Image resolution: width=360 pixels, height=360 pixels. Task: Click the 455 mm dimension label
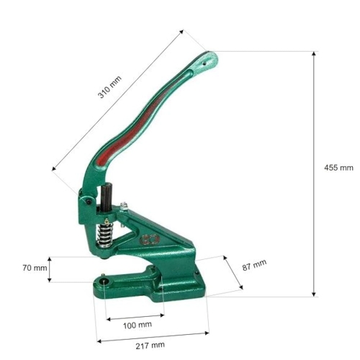coord(338,168)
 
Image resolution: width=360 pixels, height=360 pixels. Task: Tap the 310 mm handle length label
coord(109,87)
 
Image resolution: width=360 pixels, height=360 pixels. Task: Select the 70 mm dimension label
coord(35,268)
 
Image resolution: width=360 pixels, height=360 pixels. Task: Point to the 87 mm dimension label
coord(254,265)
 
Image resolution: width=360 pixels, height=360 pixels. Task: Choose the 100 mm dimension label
coord(138,325)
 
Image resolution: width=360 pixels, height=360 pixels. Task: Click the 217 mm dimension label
coord(150,346)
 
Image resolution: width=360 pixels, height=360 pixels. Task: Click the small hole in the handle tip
coord(204,63)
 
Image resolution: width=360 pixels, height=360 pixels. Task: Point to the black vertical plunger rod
coord(106,197)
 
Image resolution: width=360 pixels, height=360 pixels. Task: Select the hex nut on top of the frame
coord(124,206)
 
